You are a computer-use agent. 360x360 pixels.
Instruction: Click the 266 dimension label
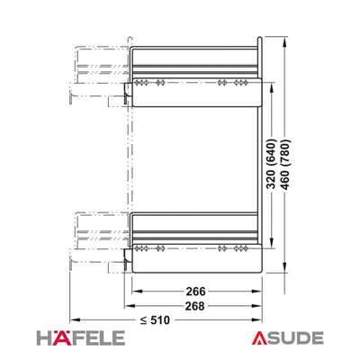pos(195,292)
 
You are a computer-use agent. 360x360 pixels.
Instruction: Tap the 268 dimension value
pos(194,306)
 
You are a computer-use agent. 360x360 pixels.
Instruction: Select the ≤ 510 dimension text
pos(155,320)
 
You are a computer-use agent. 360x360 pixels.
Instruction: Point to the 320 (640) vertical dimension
pos(271,164)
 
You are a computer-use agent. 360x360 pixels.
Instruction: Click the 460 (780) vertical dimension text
pos(285,165)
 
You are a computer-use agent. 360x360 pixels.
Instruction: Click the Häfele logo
pos(81,338)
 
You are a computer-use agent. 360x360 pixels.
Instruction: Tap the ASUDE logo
pos(287,338)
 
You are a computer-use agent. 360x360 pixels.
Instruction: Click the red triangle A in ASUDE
pos(258,338)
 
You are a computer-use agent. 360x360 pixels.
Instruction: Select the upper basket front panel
pos(197,92)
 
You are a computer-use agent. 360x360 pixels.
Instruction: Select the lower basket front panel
pos(197,258)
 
